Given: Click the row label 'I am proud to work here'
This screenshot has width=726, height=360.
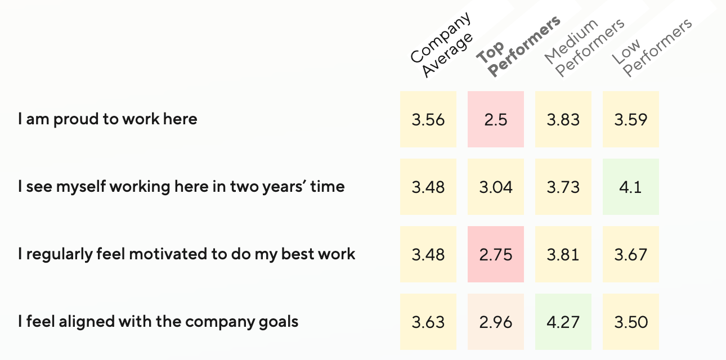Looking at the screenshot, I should (107, 119).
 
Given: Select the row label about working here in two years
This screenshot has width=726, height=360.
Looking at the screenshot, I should (181, 187).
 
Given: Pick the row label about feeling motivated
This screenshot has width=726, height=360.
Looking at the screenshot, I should (186, 254).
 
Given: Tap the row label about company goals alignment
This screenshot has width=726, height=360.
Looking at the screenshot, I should (158, 322).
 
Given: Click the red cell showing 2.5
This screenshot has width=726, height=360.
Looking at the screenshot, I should (496, 119).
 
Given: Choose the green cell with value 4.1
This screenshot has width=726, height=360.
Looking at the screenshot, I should (631, 187).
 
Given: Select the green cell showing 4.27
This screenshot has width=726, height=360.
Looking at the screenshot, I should (563, 322).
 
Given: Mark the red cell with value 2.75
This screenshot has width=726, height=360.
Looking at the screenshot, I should (496, 254).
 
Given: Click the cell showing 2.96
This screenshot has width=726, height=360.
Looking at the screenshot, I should (496, 322).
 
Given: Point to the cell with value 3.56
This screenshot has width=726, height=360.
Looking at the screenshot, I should (428, 119).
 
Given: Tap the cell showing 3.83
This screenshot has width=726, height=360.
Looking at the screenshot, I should (563, 119).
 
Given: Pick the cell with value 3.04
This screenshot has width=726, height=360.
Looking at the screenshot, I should (496, 187).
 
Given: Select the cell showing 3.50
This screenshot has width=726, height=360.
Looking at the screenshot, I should (631, 322).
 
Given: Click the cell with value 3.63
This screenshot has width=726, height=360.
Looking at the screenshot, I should (428, 322).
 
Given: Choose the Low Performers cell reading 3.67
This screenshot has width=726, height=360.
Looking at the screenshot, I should (631, 254).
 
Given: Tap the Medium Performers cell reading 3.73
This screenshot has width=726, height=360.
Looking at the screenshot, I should (563, 187).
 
